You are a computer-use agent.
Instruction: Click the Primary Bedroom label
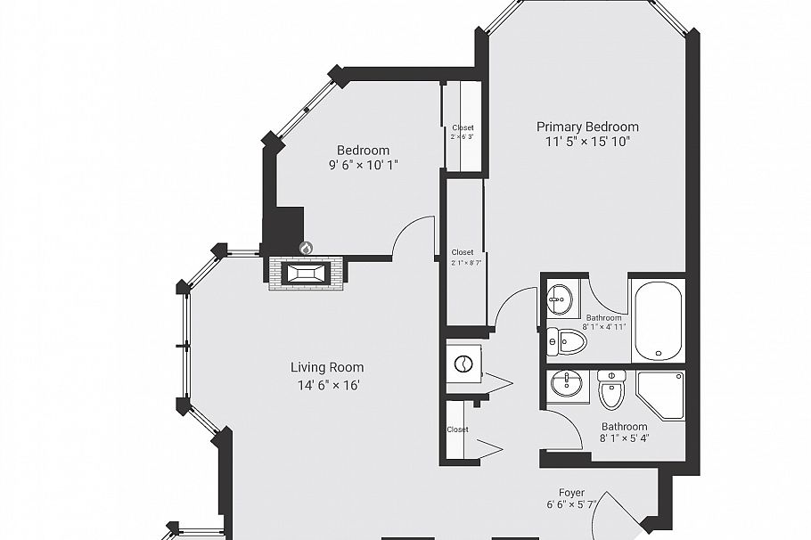[x=586, y=127]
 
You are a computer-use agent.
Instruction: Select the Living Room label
[x=327, y=367]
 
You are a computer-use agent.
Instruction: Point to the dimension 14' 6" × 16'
[x=327, y=385]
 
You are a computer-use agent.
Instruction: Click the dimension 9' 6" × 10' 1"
[x=363, y=164]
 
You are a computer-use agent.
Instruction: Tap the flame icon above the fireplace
[x=306, y=248]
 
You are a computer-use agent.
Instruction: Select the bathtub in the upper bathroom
[x=658, y=320]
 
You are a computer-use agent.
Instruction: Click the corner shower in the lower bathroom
[x=660, y=395]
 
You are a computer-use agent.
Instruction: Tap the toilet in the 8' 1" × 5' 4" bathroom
[x=611, y=389]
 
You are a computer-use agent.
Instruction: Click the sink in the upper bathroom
[x=560, y=299]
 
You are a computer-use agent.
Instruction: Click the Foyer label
[x=571, y=492]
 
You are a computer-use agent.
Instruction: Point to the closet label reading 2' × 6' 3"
[x=463, y=132]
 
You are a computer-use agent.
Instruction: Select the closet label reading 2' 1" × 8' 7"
[x=463, y=258]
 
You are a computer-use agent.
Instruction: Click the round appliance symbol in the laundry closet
[x=463, y=364]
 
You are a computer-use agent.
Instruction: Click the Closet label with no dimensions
[x=457, y=430]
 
